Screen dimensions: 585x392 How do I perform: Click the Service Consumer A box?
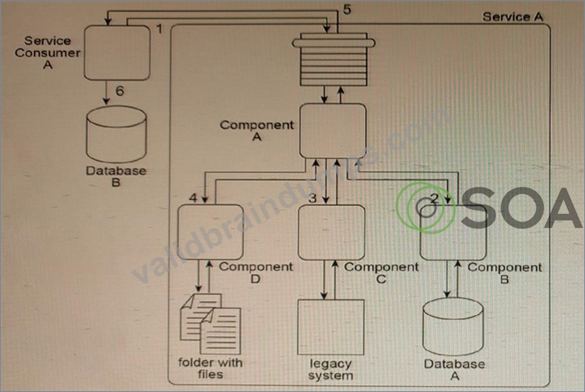tap(117, 53)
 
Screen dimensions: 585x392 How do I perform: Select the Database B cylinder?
tap(116, 134)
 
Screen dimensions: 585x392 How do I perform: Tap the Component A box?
tap(333, 130)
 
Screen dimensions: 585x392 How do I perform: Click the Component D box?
tap(211, 232)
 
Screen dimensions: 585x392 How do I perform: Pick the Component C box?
tap(331, 232)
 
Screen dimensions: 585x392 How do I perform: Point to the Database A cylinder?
tap(453, 327)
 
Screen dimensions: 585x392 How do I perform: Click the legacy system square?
tap(331, 327)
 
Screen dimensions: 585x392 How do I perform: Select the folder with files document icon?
tap(211, 324)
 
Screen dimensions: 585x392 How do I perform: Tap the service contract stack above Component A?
tap(334, 60)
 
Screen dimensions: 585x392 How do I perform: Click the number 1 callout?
tap(159, 29)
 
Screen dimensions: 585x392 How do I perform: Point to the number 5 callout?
tap(347, 10)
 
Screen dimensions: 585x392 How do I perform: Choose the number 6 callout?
tap(120, 90)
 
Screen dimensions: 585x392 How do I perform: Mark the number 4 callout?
tap(193, 197)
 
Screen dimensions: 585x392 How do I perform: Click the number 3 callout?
tap(313, 198)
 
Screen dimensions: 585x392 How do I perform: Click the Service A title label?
tap(513, 17)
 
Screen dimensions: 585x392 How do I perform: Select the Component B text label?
tap(505, 273)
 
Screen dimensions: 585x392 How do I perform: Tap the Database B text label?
tap(116, 176)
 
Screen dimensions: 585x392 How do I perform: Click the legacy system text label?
tap(331, 369)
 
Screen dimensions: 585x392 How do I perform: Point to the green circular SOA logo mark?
tap(426, 207)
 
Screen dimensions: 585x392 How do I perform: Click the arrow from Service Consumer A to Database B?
tap(106, 93)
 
